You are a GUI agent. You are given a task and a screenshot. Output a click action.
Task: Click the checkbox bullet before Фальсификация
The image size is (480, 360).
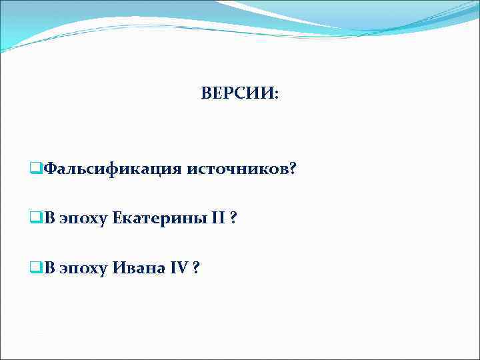tap(36, 169)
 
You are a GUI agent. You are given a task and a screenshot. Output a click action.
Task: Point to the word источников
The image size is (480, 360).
tap(237, 169)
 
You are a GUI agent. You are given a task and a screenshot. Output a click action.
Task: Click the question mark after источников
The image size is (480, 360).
tap(293, 169)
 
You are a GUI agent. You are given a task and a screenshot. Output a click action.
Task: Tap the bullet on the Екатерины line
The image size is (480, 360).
tap(36, 218)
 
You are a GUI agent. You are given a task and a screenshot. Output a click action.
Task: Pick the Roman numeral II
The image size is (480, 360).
tap(218, 218)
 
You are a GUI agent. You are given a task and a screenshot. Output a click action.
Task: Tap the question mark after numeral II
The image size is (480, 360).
tap(233, 218)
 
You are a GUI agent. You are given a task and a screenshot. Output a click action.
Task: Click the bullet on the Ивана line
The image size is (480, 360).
tap(36, 268)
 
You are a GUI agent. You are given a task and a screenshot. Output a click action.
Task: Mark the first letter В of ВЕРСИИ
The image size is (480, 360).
tap(206, 95)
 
